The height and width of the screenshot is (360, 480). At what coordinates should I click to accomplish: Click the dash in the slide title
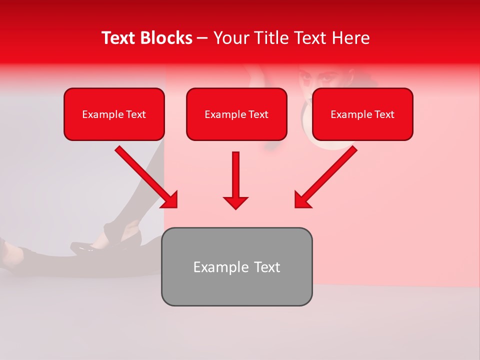202,38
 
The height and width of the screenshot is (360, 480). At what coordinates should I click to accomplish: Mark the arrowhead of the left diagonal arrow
170,200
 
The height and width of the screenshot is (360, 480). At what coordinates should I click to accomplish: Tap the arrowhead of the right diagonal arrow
302,200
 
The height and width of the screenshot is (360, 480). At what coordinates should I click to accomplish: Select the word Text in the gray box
266,267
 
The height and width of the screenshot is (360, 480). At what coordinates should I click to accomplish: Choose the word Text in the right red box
384,114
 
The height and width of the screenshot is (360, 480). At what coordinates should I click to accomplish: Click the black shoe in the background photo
85,246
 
